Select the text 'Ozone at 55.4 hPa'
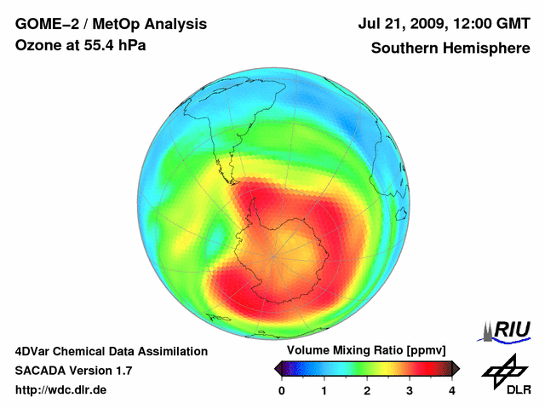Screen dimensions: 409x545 coord(80,45)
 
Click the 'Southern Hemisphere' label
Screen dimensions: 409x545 coord(450,48)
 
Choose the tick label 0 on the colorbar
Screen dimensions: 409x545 coord(282,390)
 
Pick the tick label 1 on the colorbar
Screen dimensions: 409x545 coord(324,390)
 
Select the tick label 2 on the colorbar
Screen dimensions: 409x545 coord(367,390)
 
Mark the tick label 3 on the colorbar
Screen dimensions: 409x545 coord(410,390)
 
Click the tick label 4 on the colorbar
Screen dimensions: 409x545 coord(452,390)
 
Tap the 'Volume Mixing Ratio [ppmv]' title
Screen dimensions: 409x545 coord(366,351)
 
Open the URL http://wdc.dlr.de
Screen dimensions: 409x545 coord(61,390)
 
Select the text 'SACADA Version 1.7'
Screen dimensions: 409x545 coord(73,371)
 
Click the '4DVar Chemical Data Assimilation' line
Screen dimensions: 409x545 coord(111,351)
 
